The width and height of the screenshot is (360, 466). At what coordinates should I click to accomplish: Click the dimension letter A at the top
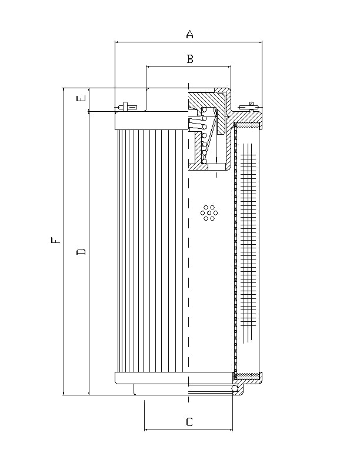pyautogui.click(x=189, y=35)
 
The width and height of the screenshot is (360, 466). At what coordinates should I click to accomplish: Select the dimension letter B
pyautogui.click(x=189, y=59)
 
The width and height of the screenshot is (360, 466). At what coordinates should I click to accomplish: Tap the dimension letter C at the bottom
pyautogui.click(x=189, y=422)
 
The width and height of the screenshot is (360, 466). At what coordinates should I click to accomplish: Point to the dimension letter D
pyautogui.click(x=82, y=252)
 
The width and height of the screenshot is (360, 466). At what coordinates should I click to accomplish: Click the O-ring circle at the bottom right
pyautogui.click(x=235, y=388)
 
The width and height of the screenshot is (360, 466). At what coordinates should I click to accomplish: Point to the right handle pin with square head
pyautogui.click(x=251, y=105)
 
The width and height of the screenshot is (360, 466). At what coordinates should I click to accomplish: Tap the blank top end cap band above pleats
pyautogui.click(x=151, y=121)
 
